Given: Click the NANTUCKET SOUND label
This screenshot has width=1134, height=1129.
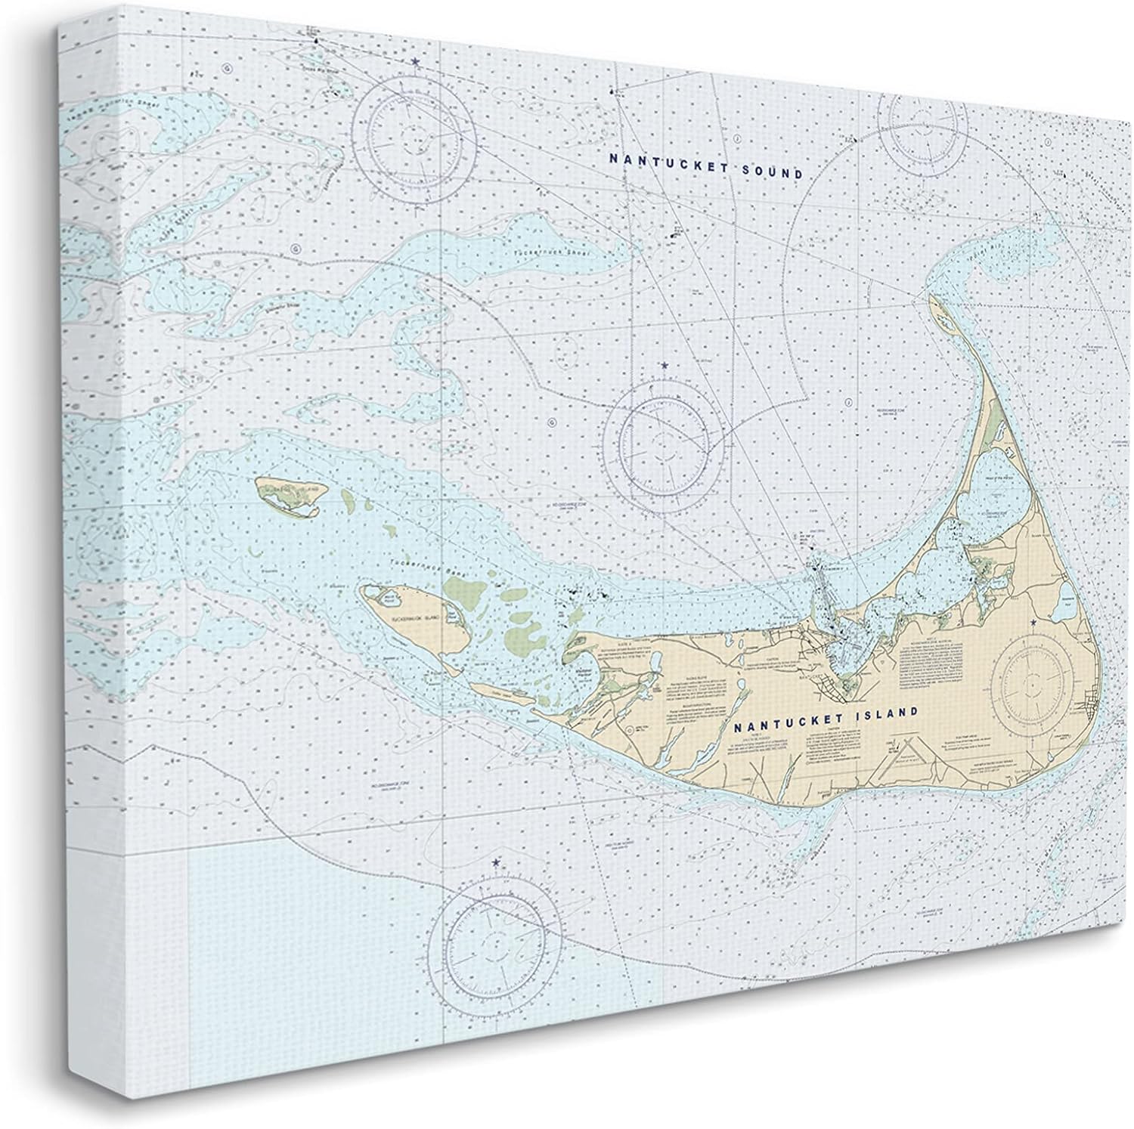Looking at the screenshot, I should (x=706, y=166).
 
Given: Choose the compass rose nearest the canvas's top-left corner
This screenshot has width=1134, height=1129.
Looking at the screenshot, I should (x=417, y=137).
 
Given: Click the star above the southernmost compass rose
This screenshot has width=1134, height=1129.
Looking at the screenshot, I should (x=496, y=862).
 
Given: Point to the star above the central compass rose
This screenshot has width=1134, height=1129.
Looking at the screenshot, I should (x=665, y=367).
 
